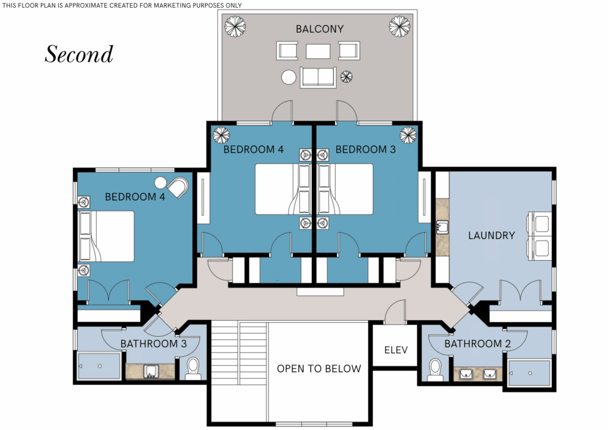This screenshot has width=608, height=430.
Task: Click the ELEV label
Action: coord(396,350)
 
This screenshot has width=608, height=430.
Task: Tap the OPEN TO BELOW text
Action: coord(319,368)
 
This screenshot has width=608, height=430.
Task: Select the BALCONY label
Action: coord(319,29)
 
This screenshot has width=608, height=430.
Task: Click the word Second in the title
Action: coord(79,54)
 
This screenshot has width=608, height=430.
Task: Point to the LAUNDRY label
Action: coord(491,235)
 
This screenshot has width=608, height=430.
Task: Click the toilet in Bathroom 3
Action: coord(193,369)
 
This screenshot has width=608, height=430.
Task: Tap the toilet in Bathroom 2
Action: coord(435,370)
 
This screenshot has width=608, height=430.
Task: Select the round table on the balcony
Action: coord(289,77)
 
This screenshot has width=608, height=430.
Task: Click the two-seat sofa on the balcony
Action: coord(318,77)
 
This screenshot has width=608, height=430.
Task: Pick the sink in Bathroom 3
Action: coord(150,371)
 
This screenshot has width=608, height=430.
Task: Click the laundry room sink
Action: coord(442,227)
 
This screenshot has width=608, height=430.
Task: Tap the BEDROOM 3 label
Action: coord(365,149)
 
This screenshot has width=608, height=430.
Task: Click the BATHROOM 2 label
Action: coord(477,343)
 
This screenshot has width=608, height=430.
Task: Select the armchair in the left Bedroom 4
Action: coord(178,188)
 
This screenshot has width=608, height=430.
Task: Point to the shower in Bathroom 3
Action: coord(99,366)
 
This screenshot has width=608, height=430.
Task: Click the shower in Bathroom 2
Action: coord(529,373)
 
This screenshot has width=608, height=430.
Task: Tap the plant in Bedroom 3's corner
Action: coord(408,135)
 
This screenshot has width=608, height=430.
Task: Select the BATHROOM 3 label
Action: coord(154,343)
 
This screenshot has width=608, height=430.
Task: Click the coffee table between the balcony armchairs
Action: coord(318,51)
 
